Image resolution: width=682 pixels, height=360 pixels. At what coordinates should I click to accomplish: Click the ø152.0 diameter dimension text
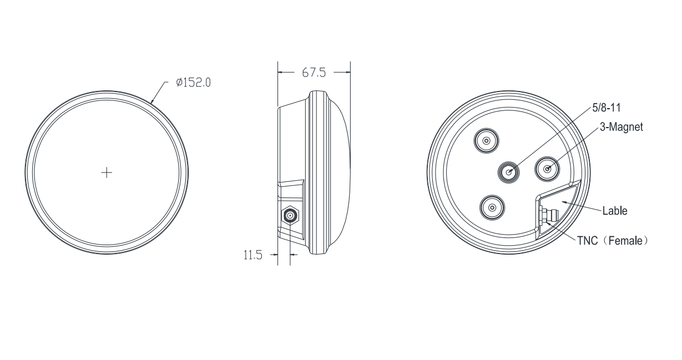pyautogui.click(x=193, y=82)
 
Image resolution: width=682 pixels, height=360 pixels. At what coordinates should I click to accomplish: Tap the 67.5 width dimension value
pyautogui.click(x=314, y=73)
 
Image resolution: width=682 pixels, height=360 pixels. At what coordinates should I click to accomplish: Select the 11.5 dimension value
pyautogui.click(x=252, y=255)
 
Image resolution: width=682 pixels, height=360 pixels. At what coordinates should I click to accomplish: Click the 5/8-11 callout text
pyautogui.click(x=606, y=108)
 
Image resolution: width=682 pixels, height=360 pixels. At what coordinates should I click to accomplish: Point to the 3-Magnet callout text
pyautogui.click(x=622, y=127)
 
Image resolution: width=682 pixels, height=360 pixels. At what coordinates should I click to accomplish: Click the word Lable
pyautogui.click(x=615, y=211)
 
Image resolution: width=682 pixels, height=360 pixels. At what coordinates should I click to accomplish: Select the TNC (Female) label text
pyautogui.click(x=613, y=241)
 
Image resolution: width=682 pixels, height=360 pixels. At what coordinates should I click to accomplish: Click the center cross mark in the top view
pyautogui.click(x=107, y=173)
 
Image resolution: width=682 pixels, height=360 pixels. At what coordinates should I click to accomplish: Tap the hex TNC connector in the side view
pyautogui.click(x=290, y=216)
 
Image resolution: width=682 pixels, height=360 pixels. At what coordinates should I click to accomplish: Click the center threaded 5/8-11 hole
pyautogui.click(x=508, y=173)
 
